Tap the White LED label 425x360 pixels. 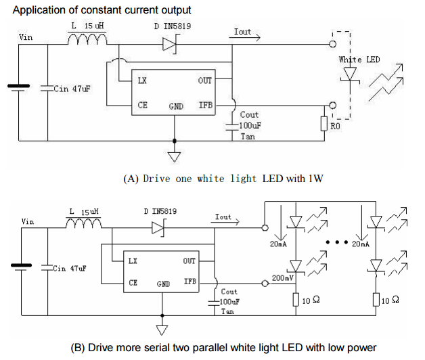coord(359,60)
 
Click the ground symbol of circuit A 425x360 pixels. coord(175,157)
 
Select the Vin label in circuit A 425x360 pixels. coord(26,37)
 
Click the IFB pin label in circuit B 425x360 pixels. coord(191,279)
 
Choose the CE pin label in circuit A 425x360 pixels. coord(142,105)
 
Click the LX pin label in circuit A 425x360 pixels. coord(143,81)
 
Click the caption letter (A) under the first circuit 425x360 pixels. coord(131,179)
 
